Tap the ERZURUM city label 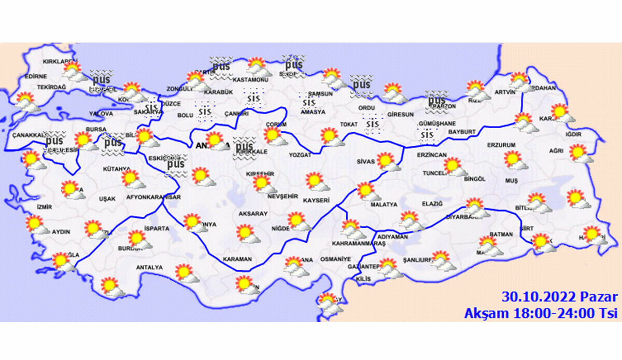501,145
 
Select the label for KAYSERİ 316,200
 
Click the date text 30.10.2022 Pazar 559,297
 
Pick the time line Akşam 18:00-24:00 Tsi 541,313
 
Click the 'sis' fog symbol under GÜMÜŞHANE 427,135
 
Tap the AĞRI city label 556,151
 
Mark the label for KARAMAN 237,259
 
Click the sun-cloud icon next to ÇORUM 274,137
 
